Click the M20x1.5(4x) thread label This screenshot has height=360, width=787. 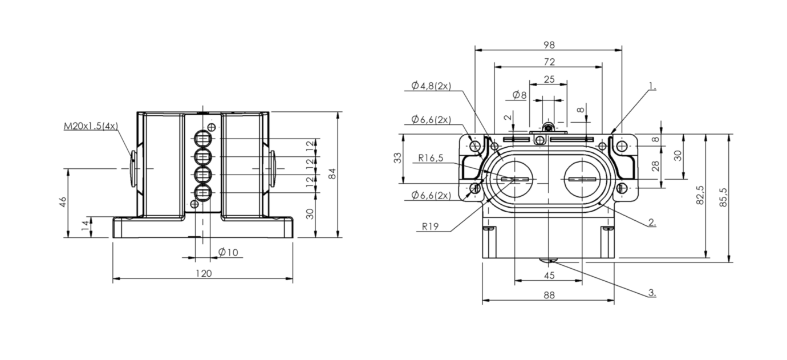point(91,126)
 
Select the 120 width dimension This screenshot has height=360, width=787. point(204,273)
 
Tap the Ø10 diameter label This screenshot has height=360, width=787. point(228,252)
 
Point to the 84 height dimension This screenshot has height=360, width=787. point(332,173)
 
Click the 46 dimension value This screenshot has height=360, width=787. point(62,202)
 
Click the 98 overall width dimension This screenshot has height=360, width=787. point(549,45)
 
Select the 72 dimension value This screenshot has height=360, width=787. point(549,62)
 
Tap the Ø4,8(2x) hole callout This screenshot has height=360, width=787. point(431,86)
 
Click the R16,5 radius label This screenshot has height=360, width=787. point(431,158)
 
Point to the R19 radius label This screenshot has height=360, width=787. point(431,226)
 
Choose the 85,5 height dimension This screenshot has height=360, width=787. point(723,197)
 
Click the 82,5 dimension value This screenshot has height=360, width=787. point(700,195)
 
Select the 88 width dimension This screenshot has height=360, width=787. point(549,295)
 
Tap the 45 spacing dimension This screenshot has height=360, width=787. point(549,275)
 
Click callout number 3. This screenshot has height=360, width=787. point(652,293)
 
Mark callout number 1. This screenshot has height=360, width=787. point(652,86)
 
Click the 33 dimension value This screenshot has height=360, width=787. point(397,158)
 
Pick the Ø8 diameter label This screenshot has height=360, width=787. point(520,95)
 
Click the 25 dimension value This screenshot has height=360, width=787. point(549,79)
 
